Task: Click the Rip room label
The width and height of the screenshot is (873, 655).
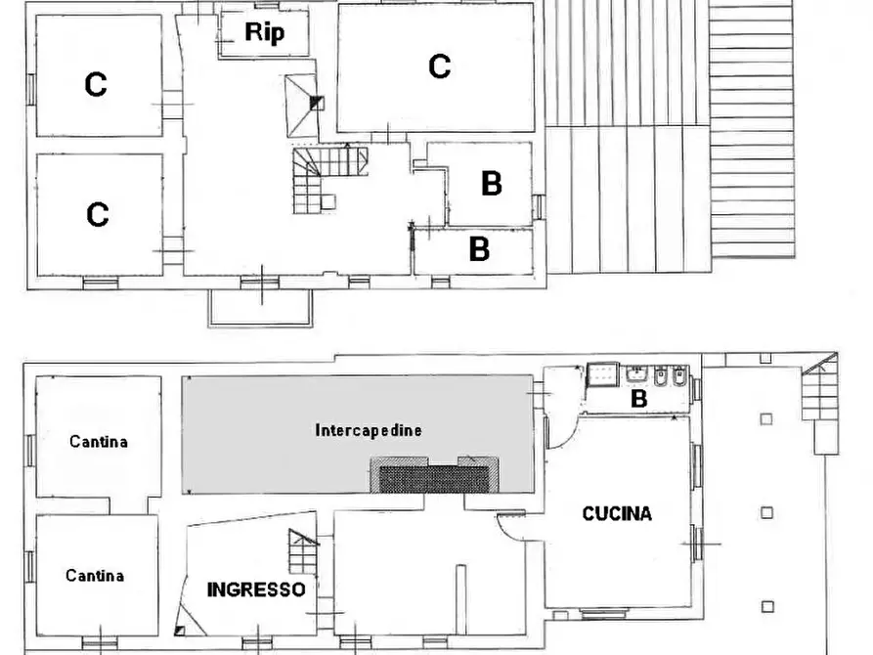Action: tap(264, 32)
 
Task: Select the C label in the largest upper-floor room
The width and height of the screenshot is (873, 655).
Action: tap(439, 66)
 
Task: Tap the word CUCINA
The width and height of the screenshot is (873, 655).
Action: tap(617, 513)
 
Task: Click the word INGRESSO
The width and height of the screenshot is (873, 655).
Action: tap(256, 589)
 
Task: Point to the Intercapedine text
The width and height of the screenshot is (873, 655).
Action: tap(369, 430)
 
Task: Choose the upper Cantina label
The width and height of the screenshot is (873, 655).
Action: tap(98, 442)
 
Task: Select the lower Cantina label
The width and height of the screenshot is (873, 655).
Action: tap(95, 576)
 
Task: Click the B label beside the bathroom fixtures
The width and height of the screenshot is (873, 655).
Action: tap(638, 398)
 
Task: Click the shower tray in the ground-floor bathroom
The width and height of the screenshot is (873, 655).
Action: tap(599, 375)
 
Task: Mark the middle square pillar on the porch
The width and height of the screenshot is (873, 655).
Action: tap(766, 512)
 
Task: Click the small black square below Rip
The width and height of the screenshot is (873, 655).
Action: tap(315, 100)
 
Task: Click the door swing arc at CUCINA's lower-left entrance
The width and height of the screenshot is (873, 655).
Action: tap(510, 529)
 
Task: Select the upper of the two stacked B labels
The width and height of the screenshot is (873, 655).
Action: tap(491, 183)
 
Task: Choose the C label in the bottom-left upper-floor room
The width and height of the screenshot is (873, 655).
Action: tap(97, 214)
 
